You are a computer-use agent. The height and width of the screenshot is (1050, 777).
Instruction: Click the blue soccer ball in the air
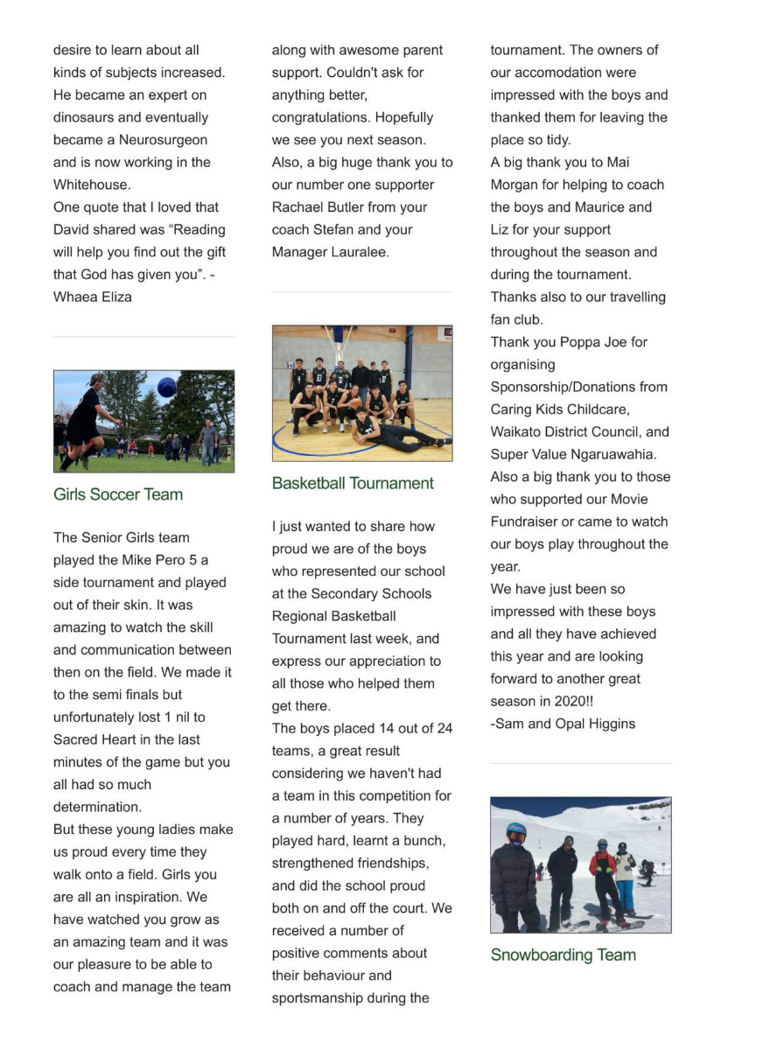click(166, 387)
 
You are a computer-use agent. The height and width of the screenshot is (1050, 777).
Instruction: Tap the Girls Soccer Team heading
click(118, 494)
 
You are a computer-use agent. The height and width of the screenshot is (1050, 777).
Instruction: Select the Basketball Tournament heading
click(353, 483)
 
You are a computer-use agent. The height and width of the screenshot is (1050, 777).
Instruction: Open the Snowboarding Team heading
click(563, 955)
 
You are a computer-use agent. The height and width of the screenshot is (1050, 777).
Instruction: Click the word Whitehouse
click(92, 185)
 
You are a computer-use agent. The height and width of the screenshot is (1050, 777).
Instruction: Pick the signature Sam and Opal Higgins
click(565, 724)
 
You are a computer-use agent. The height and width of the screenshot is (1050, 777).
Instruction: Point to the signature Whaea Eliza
click(93, 297)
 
